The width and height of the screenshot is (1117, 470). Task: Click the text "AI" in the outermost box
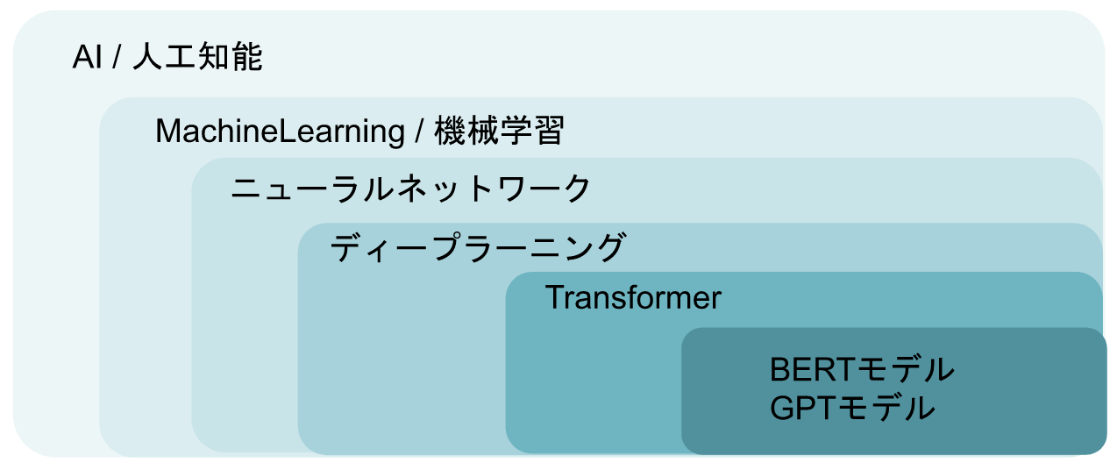[88, 56]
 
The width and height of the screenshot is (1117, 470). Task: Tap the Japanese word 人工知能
[197, 56]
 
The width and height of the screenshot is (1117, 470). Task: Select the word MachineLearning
[280, 132]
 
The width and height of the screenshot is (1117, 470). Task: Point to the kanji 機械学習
[499, 131]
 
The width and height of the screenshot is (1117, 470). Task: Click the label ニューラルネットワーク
[411, 189]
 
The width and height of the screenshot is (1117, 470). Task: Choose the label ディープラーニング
[477, 247]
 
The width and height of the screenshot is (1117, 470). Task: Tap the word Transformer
[633, 298]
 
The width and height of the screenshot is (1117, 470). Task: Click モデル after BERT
[905, 370]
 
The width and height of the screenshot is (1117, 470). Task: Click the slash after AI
[117, 56]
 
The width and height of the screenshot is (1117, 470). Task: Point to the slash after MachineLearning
[419, 132]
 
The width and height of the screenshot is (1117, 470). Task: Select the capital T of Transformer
[554, 298]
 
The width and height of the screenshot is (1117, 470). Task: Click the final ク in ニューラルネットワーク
[575, 189]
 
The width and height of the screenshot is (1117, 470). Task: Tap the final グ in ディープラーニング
[609, 247]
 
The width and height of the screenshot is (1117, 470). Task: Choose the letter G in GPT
[782, 408]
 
